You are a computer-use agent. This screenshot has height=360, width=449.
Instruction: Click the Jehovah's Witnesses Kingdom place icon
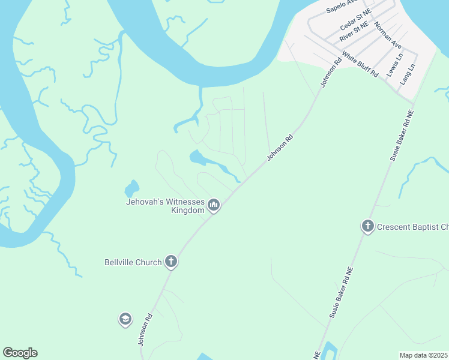[x=214, y=206]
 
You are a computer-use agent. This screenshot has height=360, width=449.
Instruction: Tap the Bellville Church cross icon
[x=171, y=262]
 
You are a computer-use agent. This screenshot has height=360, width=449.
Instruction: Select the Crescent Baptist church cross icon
[x=367, y=227]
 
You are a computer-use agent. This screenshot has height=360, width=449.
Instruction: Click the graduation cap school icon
[x=125, y=319]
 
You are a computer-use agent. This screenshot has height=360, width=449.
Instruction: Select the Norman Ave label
[x=387, y=35]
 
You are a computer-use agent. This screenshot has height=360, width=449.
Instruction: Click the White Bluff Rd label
[x=360, y=64]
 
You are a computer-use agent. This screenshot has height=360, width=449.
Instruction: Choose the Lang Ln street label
[x=408, y=74]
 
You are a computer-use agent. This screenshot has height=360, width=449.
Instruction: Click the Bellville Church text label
[x=133, y=262]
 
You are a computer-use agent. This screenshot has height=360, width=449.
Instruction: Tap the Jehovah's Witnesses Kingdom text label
[x=166, y=206]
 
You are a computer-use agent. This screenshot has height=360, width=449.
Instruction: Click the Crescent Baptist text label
[x=412, y=227]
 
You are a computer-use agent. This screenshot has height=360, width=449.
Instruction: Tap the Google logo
[x=20, y=353]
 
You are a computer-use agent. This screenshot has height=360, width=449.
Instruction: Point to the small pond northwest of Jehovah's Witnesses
[x=131, y=188]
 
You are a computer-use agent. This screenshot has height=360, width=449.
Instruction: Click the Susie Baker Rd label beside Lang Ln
[x=402, y=135]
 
